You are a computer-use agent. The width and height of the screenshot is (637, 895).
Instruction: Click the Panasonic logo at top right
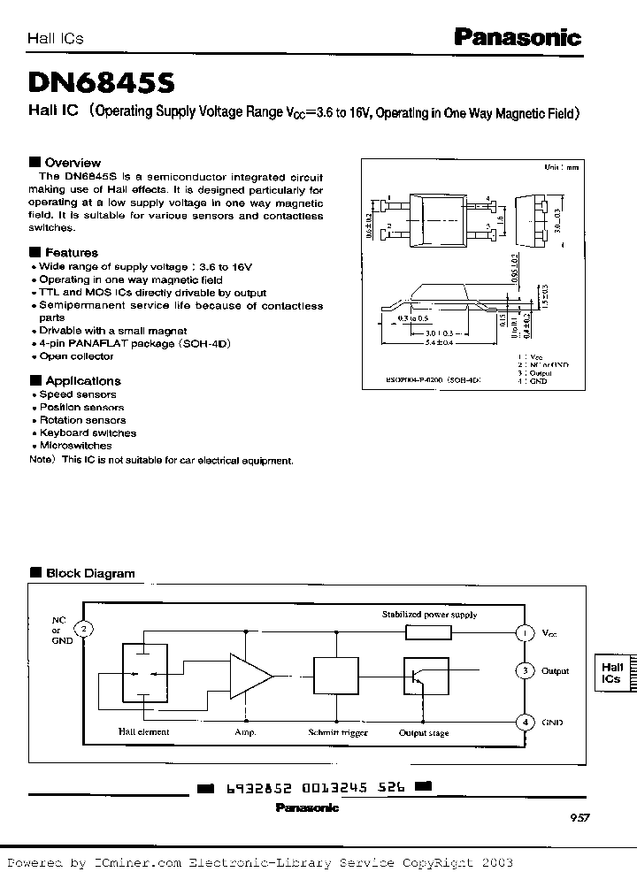[x=518, y=37]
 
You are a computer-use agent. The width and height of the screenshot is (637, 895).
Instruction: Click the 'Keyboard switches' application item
[x=88, y=433]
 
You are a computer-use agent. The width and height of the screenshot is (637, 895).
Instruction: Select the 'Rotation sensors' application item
[x=82, y=421]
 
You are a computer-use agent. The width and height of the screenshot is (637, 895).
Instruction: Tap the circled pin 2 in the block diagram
[x=83, y=629]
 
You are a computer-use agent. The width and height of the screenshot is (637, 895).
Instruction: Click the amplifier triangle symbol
[x=250, y=677]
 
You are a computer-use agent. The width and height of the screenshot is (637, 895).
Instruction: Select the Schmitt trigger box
[x=337, y=677]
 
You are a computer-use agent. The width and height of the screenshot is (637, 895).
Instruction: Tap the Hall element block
[x=144, y=676]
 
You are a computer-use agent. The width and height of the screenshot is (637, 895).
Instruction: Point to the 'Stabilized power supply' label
[x=429, y=615]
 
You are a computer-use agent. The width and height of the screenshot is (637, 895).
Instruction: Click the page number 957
[x=579, y=819]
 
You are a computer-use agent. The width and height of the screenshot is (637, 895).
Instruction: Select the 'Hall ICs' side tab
[x=611, y=672]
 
